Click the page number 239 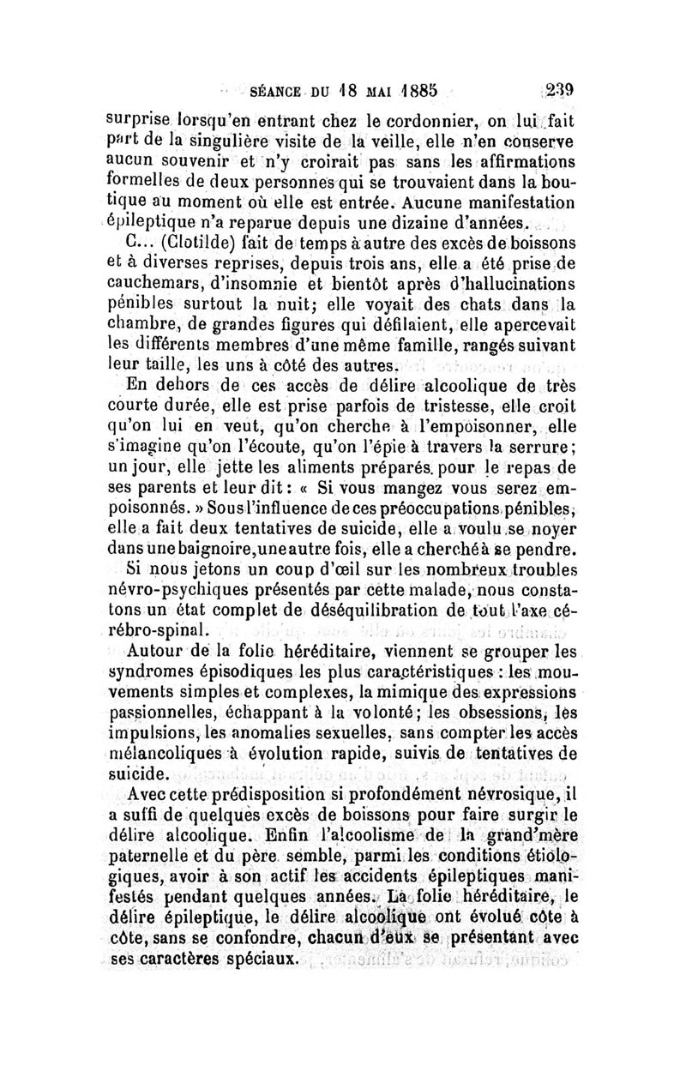(x=558, y=87)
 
